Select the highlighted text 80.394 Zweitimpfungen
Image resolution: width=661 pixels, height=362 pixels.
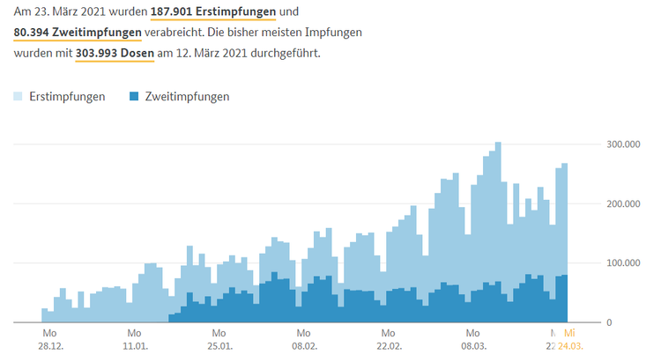pyautogui.click(x=78, y=33)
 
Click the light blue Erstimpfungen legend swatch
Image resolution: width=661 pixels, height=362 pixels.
pyautogui.click(x=19, y=96)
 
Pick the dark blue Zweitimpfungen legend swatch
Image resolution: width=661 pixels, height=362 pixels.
pyautogui.click(x=135, y=96)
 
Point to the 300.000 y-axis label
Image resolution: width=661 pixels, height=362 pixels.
pyautogui.click(x=620, y=144)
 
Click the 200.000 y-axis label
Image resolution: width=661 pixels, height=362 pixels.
pyautogui.click(x=620, y=203)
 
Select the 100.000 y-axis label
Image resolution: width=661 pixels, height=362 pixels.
pyautogui.click(x=620, y=263)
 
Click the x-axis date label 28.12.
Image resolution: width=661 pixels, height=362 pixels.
pyautogui.click(x=49, y=346)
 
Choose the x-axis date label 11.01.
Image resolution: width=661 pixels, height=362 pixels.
pyautogui.click(x=134, y=346)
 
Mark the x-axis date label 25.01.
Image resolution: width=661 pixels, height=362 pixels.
pyautogui.click(x=219, y=346)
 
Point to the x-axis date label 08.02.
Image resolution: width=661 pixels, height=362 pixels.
pyautogui.click(x=303, y=346)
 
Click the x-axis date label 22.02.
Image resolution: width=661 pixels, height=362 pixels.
pyautogui.click(x=388, y=346)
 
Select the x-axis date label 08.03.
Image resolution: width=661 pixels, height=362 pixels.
pyautogui.click(x=472, y=346)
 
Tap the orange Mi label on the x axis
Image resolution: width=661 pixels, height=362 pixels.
pyautogui.click(x=569, y=333)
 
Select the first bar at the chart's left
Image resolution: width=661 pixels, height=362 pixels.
pyautogui.click(x=44, y=315)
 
